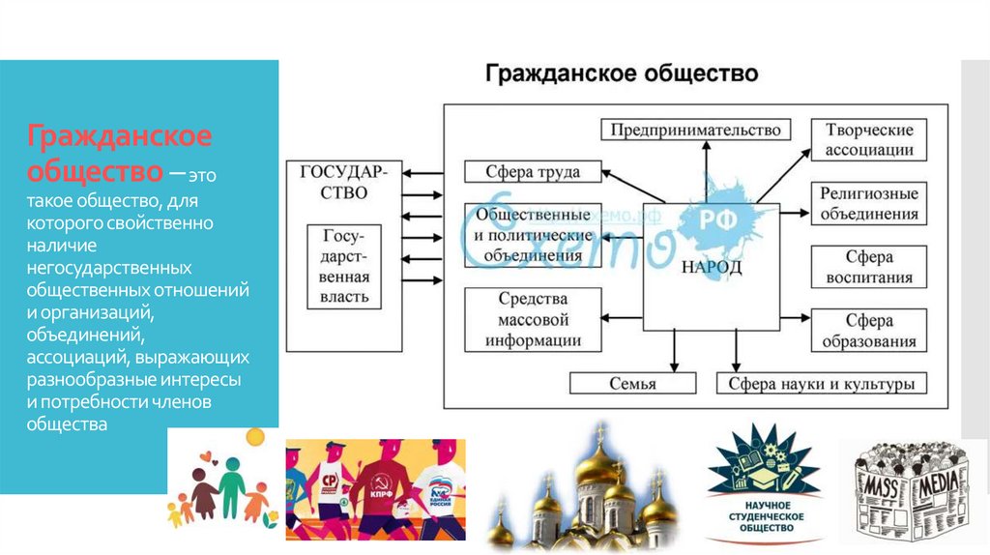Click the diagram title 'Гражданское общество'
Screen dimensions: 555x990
click(621, 74)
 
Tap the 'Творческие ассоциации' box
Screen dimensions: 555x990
click(868, 140)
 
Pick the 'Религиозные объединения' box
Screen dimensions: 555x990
click(868, 203)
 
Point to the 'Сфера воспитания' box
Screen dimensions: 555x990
click(868, 267)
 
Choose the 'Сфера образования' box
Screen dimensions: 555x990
click(868, 331)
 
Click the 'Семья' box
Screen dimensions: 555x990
click(632, 384)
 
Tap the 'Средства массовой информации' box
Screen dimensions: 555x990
click(534, 320)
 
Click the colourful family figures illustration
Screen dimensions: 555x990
click(222, 488)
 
